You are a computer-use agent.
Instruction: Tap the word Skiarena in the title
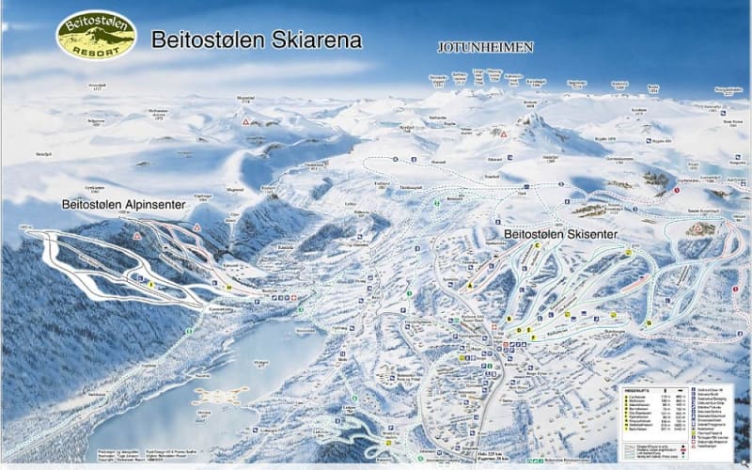pyautogui.click(x=315, y=40)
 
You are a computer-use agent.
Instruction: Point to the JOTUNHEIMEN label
pyautogui.click(x=485, y=46)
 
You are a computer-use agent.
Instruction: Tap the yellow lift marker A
pyautogui.click(x=469, y=284)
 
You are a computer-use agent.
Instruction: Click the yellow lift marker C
pyautogui.click(x=538, y=245)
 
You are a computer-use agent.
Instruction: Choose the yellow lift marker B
pyautogui.click(x=508, y=319)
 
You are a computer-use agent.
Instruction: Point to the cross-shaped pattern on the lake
pyautogui.click(x=224, y=394)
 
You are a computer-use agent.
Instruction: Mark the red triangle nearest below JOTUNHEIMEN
pyautogui.click(x=503, y=133)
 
